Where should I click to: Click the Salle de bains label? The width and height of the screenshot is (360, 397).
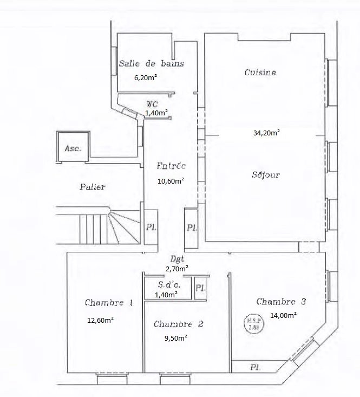(151, 63)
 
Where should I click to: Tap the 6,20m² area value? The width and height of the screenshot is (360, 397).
(146, 77)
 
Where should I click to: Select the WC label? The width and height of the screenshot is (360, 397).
(152, 103)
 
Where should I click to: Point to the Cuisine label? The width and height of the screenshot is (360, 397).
(260, 72)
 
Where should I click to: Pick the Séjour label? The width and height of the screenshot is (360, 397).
(265, 175)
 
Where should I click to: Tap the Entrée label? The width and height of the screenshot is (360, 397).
(171, 166)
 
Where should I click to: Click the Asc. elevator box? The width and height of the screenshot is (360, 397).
(73, 148)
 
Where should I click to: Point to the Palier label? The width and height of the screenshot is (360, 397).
(92, 187)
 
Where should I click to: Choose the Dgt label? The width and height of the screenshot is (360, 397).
(175, 259)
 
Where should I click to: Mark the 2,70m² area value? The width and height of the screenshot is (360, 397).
(177, 268)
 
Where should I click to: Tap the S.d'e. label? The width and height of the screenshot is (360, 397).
(165, 285)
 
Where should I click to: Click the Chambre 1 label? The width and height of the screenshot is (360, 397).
(109, 303)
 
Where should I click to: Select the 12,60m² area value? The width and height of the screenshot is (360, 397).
(100, 320)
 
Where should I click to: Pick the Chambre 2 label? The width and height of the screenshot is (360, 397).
(178, 324)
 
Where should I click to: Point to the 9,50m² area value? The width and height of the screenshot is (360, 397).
(175, 338)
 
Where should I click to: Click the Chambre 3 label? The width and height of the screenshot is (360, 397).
(281, 302)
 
